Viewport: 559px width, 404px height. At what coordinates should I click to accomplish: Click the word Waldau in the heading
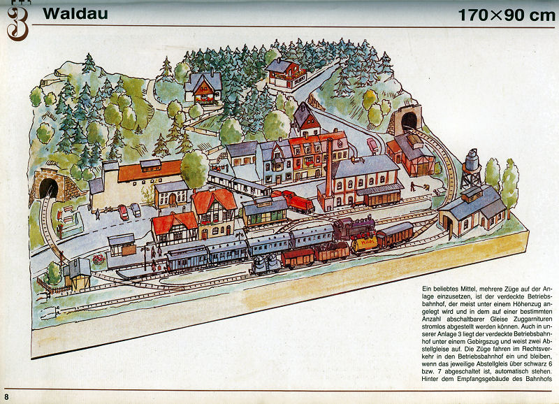click(x=67, y=13)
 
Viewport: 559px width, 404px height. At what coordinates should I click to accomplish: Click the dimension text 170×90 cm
click(x=501, y=15)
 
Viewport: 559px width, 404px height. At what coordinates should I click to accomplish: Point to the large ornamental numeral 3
click(x=18, y=22)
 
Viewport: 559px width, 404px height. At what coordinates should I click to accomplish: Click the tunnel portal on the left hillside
click(x=48, y=187)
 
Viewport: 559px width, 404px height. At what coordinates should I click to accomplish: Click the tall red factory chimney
click(x=328, y=168)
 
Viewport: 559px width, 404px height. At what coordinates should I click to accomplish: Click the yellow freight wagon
click(x=364, y=244)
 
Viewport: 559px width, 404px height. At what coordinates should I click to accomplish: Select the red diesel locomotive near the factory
click(x=293, y=203)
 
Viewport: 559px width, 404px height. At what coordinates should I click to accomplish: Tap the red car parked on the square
click(x=124, y=212)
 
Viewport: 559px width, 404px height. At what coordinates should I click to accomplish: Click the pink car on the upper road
click(x=373, y=145)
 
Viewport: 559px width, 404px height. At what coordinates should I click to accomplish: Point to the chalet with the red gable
click(x=203, y=88)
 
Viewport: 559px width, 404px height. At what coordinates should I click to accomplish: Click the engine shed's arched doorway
click(x=447, y=223)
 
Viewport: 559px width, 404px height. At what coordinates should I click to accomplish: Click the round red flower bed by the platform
click(x=99, y=259)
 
